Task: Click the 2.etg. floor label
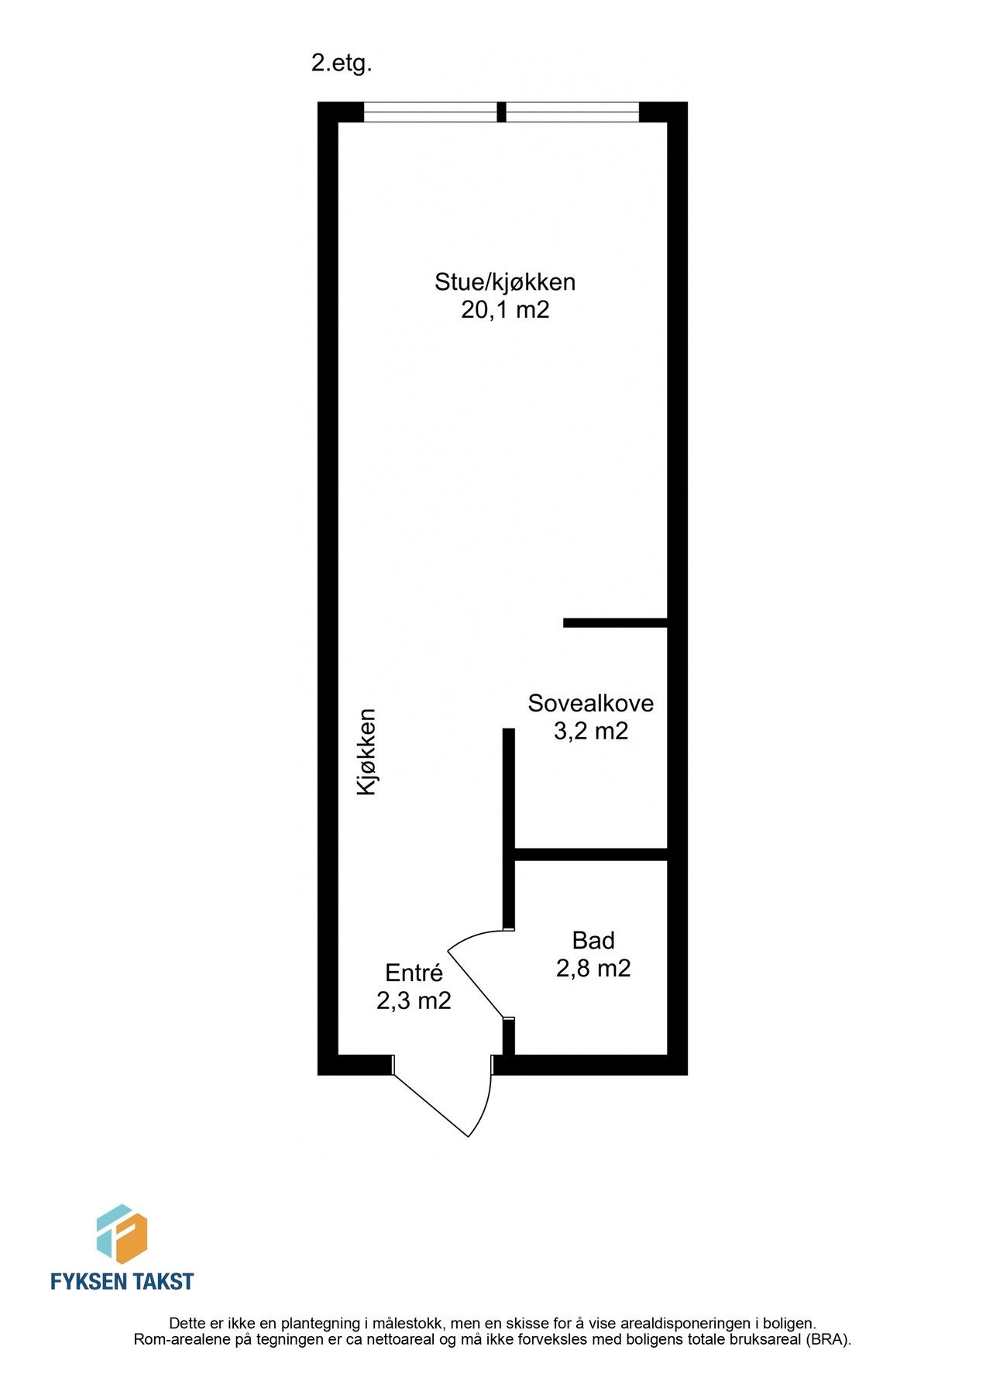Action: point(342,64)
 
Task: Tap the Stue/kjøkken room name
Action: point(505,281)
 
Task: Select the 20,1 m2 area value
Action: point(505,310)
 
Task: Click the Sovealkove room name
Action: point(590,703)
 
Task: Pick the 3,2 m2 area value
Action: point(590,731)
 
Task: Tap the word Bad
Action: point(593,940)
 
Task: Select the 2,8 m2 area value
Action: point(593,968)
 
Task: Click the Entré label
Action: point(414,973)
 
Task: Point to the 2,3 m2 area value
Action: point(414,1001)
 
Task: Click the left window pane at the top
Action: point(430,113)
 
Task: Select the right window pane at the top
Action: point(572,113)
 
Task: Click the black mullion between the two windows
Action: point(501,112)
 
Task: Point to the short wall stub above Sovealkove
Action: point(615,622)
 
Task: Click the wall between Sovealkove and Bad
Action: point(592,854)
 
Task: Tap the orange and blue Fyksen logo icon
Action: point(122,1234)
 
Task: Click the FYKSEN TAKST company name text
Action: point(122,1281)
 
